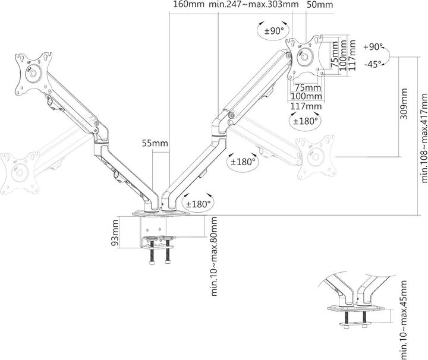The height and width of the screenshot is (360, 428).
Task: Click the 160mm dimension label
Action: tap(188, 5)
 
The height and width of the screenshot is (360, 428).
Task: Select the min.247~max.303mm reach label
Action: tap(254, 5)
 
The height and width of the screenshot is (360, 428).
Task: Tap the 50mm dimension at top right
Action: tap(320, 5)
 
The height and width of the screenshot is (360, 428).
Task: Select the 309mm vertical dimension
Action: tap(404, 104)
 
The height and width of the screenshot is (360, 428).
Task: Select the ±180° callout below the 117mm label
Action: tap(306, 121)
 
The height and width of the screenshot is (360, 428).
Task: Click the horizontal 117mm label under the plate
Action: tap(306, 106)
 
